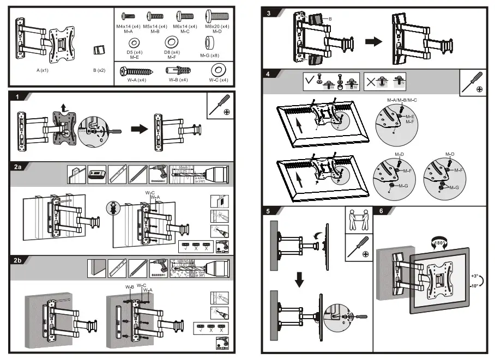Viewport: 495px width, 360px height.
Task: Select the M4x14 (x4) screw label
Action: coord(129,27)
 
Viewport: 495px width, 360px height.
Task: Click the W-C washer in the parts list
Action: coord(219,70)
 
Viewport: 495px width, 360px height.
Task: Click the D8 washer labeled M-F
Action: coord(173,42)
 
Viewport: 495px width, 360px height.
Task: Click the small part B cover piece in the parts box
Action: coord(99,50)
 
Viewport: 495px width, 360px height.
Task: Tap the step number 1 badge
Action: coord(17,97)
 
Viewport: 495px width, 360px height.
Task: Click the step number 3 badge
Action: coord(269,12)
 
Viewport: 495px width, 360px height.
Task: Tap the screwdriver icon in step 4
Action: coord(472,82)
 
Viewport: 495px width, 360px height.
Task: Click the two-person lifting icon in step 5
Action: coord(358,220)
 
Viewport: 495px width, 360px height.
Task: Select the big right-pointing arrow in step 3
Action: coord(374,42)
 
